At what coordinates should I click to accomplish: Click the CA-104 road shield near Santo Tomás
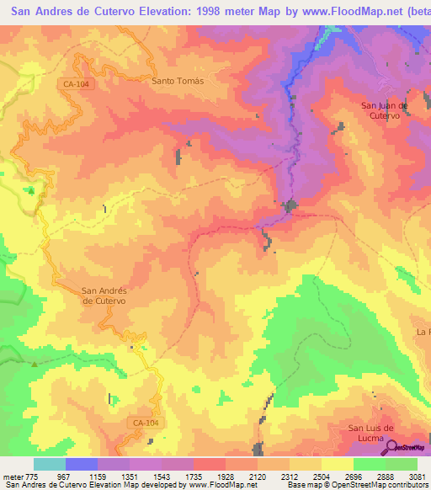[x=75, y=84]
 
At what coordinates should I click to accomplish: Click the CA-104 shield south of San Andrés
[x=146, y=422]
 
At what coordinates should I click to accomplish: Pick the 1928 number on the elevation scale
[x=226, y=477]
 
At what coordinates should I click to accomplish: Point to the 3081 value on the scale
[x=417, y=477]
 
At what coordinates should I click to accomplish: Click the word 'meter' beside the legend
[x=12, y=477]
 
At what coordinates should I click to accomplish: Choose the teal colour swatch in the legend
[x=50, y=464]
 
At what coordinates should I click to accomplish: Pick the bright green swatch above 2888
[x=370, y=464]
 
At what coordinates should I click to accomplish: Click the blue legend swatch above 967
[x=82, y=464]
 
